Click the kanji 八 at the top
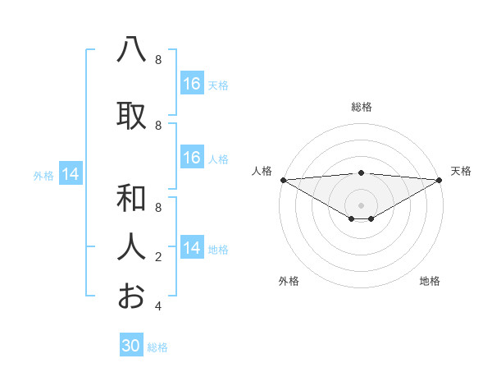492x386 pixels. [131, 51]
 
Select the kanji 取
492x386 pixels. [131, 116]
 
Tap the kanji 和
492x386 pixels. [131, 198]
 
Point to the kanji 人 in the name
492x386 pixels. [131, 246]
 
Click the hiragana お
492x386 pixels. [131, 296]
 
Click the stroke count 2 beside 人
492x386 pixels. [158, 257]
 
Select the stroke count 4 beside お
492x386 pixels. [158, 306]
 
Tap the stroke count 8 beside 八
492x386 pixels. [158, 60]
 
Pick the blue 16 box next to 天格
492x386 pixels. [192, 84]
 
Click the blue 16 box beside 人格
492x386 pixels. [192, 158]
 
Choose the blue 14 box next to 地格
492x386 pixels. [192, 248]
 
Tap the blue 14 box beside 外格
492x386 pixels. [71, 174]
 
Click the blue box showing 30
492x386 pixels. [131, 346]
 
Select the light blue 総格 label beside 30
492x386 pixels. [157, 347]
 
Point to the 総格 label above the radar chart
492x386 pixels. [361, 107]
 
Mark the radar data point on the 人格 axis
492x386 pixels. [283, 180]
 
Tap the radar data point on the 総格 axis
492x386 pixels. [361, 172]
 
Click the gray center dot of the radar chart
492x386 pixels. [361, 204]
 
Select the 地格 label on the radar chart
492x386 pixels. [430, 281]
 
